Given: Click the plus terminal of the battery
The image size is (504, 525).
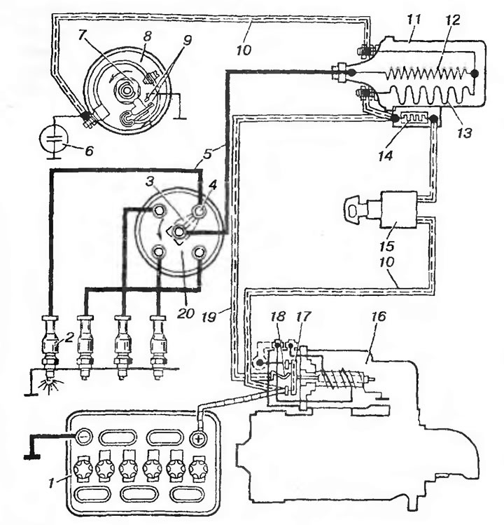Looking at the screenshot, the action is [197, 438].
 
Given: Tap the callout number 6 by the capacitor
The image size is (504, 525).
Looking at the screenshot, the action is [89, 151].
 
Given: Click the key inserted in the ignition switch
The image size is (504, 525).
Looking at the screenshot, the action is [355, 210].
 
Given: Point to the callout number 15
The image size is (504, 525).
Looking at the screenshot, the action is [387, 247].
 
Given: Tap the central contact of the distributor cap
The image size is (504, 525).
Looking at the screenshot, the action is [178, 232].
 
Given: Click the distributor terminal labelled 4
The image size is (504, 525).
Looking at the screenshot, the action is [200, 211].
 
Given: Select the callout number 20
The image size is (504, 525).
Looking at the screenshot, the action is [187, 313].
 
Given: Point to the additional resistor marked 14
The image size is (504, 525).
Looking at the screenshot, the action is [414, 119].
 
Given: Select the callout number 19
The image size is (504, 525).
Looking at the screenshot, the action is [209, 317].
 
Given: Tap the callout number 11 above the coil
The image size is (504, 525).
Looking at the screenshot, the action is [414, 20].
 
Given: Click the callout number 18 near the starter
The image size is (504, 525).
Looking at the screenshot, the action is [278, 316].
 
